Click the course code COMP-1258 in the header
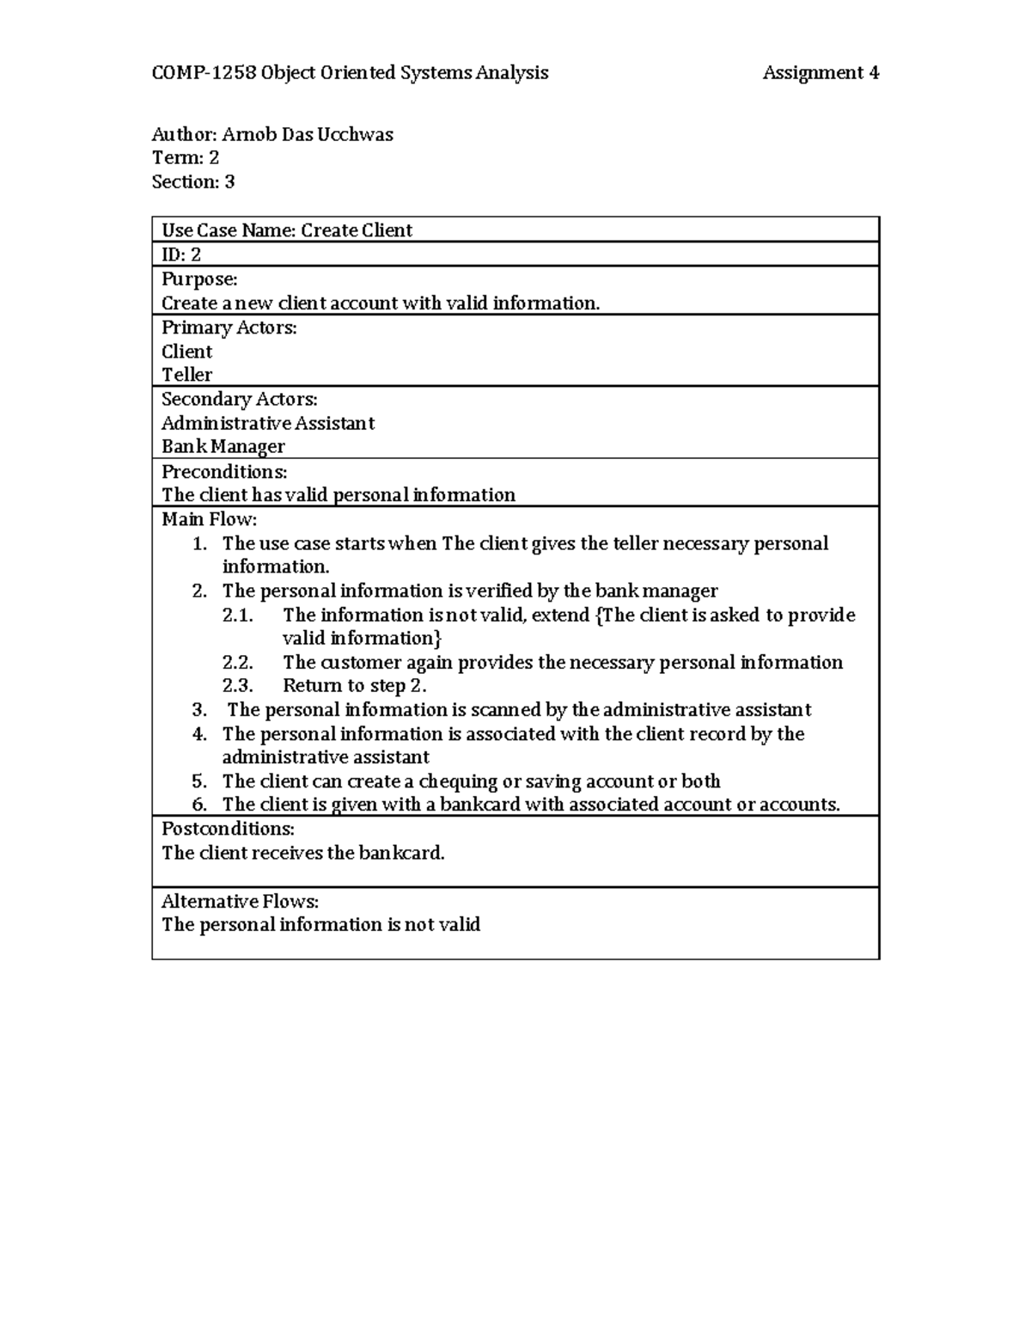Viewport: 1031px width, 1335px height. point(204,73)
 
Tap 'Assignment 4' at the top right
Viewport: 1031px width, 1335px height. point(821,73)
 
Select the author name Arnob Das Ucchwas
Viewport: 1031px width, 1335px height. point(308,135)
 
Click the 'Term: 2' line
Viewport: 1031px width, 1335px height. point(186,158)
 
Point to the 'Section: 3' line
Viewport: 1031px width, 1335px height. point(193,182)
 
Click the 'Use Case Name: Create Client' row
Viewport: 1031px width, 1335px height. point(287,230)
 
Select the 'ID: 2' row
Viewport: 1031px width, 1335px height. point(181,254)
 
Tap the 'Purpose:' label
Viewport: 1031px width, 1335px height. point(199,279)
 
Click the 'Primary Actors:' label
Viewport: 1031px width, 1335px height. point(229,328)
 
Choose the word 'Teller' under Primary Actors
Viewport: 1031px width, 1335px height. point(186,375)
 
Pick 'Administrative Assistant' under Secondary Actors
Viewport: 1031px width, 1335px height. point(268,423)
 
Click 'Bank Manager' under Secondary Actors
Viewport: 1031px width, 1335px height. point(223,447)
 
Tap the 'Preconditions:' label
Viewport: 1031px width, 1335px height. point(224,472)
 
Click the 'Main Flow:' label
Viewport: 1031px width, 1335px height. point(210,519)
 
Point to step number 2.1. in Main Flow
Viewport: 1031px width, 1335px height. point(238,615)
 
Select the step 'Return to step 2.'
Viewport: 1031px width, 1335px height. point(355,686)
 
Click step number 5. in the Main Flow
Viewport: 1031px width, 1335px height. point(200,781)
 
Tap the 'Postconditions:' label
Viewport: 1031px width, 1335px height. point(228,829)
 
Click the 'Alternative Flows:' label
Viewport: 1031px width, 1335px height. point(240,902)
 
